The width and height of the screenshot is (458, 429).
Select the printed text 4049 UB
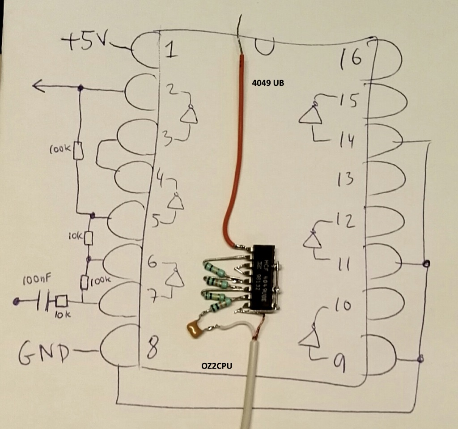tap(268, 83)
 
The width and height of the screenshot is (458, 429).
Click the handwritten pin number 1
tap(170, 49)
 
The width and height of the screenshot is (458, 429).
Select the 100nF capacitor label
tap(37, 280)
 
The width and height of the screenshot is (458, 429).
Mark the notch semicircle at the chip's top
tap(264, 47)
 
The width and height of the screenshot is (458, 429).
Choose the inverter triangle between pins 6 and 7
tap(175, 280)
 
